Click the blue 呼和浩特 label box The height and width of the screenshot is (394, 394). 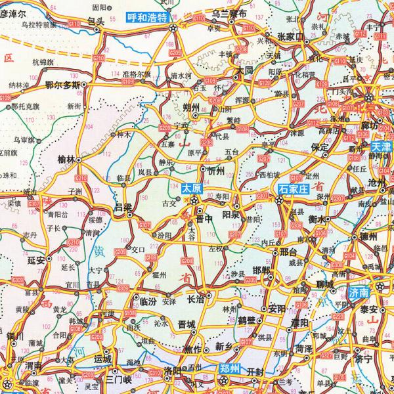(146, 18)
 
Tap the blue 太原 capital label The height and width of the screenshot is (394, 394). (191, 187)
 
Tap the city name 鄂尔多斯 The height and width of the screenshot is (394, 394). (62, 85)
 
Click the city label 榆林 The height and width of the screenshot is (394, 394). (68, 158)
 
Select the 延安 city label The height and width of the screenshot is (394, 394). (36, 260)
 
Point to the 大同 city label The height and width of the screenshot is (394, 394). (245, 69)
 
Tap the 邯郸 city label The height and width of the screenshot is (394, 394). (261, 270)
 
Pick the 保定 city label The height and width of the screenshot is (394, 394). (320, 148)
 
